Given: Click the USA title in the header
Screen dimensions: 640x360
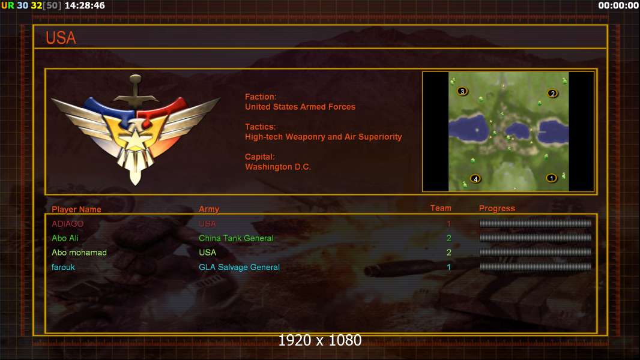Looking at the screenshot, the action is [61, 38].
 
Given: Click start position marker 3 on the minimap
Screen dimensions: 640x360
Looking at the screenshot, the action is [462, 91].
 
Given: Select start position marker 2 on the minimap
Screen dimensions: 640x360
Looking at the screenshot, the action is [553, 94].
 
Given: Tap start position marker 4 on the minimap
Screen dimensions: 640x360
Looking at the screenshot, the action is [475, 179].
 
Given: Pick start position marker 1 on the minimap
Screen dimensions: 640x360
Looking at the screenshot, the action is [551, 178].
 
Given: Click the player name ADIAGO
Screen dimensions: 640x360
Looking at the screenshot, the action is [67, 224].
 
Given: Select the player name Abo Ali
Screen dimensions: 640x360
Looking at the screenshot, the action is [65, 238].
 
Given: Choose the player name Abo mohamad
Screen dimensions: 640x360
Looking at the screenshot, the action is [79, 253].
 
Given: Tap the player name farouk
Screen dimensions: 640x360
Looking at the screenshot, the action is [63, 268].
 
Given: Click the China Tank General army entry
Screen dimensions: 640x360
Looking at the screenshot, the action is [236, 238].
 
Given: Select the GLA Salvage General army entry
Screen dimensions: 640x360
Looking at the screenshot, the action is [239, 268].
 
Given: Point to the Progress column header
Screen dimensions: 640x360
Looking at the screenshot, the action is [497, 208].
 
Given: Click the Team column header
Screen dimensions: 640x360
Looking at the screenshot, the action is [441, 208].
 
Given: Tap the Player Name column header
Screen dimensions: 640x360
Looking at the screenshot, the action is [76, 209].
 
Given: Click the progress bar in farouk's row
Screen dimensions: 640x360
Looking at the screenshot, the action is [536, 267].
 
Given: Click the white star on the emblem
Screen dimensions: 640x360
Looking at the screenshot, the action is [134, 139].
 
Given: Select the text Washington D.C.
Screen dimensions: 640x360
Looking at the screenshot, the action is [278, 167].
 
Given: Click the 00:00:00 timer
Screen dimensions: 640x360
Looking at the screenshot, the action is [618, 5].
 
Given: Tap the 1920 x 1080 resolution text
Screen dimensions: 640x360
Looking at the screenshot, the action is [320, 340].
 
